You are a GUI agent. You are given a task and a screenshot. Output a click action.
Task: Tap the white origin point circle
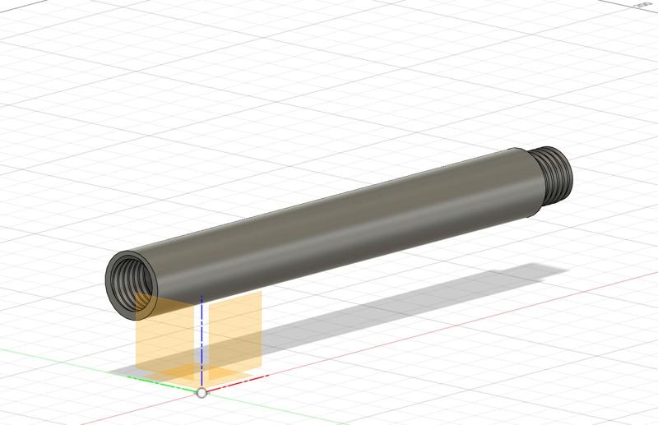click(x=202, y=393)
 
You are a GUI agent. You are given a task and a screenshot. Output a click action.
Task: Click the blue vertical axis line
click(x=202, y=345)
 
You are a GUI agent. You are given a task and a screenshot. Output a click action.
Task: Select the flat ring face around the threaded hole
click(x=115, y=288)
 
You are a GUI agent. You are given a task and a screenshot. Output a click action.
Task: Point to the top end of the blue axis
click(x=202, y=297)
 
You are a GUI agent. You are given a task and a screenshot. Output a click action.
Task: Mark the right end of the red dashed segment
click(x=267, y=376)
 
